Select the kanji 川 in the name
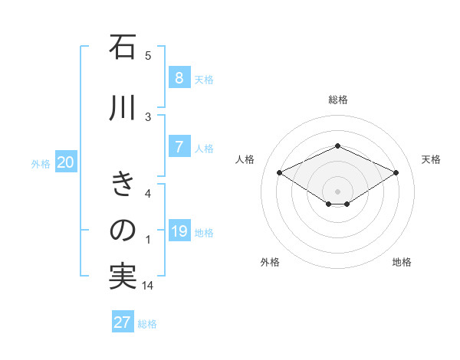[x=123, y=109]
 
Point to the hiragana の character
[x=123, y=231]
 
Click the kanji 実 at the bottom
[x=123, y=277]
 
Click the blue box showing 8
[x=179, y=77]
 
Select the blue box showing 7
[x=179, y=147]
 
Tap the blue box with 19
[x=179, y=231]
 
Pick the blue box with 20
[x=66, y=162]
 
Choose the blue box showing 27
[x=123, y=322]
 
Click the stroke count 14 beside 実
[x=147, y=285]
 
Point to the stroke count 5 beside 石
[x=148, y=55]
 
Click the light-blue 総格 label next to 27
[x=147, y=324]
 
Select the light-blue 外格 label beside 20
[x=41, y=163]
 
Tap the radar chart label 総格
[x=337, y=100]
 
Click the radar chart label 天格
[x=432, y=159]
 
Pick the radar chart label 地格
[x=402, y=262]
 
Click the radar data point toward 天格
[x=396, y=173]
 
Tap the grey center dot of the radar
[x=337, y=190]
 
